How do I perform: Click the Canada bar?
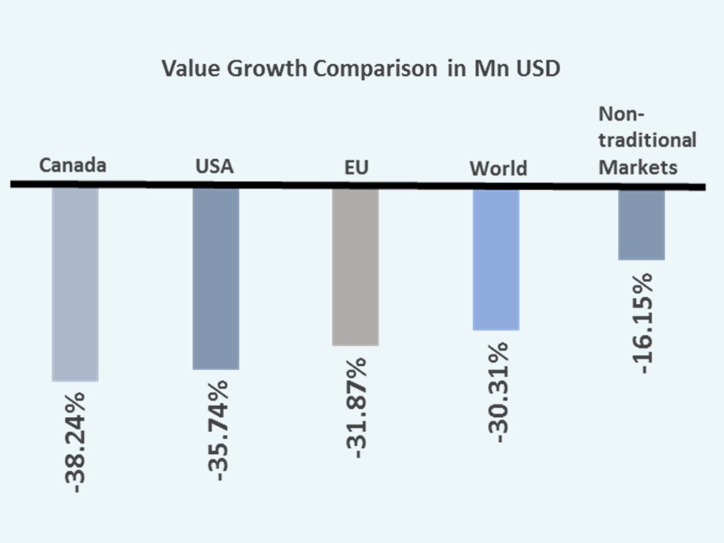coord(75,284)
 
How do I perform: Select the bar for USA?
coord(216,278)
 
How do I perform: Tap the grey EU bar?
coord(355,266)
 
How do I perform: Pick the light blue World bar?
coord(495,259)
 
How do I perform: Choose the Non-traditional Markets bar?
coord(641,224)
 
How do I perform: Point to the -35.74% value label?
coord(216,431)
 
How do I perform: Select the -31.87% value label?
coord(356,408)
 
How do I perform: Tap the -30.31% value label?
coord(497,391)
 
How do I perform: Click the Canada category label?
coord(72,165)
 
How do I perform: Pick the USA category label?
coord(214,167)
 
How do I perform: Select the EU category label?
coord(356,167)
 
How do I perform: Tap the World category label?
coord(498,168)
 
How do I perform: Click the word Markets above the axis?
coord(638,167)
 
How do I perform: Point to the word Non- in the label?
coord(622,114)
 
